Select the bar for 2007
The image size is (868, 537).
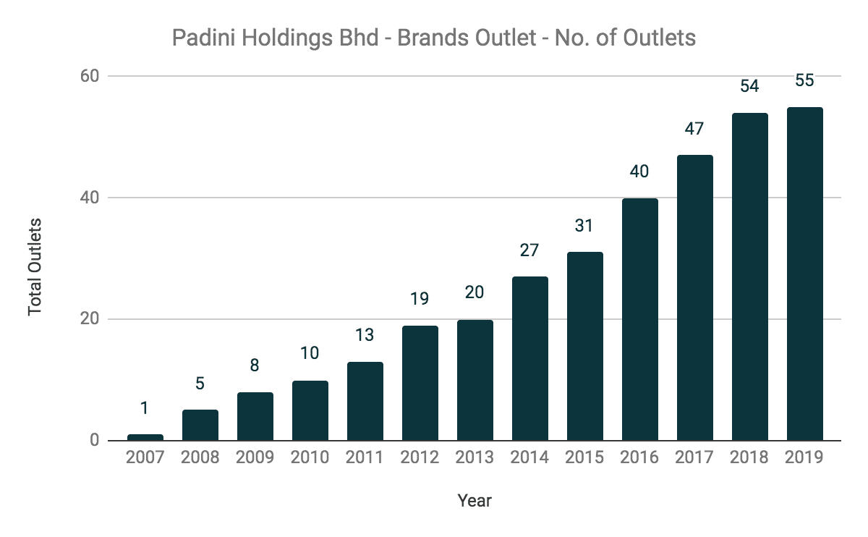[145, 437]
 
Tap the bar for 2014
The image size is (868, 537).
[529, 358]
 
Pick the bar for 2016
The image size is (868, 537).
[639, 319]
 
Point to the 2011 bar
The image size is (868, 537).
[365, 401]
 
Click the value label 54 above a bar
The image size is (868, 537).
[749, 86]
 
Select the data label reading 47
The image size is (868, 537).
[694, 129]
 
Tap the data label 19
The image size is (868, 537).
[420, 299]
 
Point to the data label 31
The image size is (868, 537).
[584, 226]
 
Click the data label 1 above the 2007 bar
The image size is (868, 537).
[145, 408]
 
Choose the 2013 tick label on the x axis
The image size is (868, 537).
[475, 457]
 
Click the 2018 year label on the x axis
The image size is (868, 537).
[749, 457]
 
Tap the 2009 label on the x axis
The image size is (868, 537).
[255, 457]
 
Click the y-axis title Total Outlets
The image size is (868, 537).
[35, 266]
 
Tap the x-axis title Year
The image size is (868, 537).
[475, 500]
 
